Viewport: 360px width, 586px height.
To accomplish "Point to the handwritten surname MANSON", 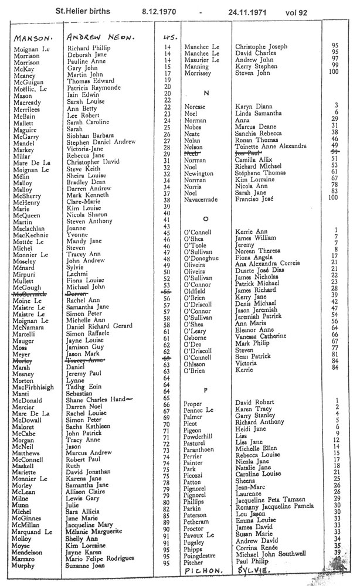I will (32, 38).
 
